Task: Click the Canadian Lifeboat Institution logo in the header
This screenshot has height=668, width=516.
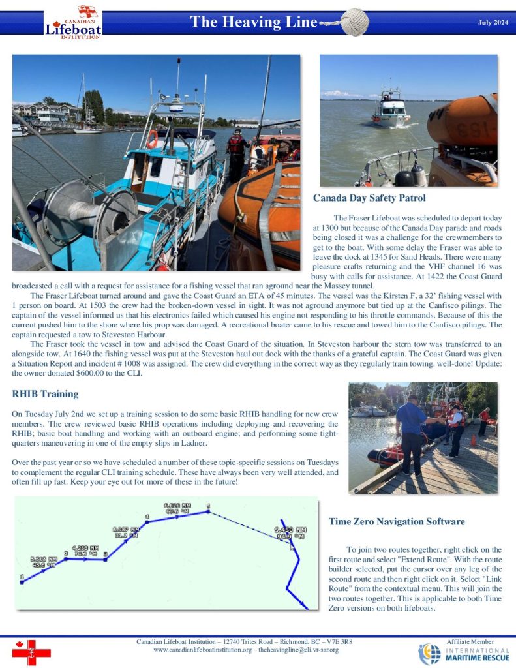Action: coord(72,22)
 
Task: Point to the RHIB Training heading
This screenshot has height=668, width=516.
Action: coord(45,394)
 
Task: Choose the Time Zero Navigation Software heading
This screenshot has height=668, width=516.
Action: coord(397,522)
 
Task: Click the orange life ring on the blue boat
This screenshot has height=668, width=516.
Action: coord(152,138)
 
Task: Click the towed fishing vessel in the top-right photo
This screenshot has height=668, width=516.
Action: coord(391,108)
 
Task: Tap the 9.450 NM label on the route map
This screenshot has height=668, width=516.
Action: coord(290,533)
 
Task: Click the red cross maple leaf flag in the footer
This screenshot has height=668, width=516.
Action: coord(31,652)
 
